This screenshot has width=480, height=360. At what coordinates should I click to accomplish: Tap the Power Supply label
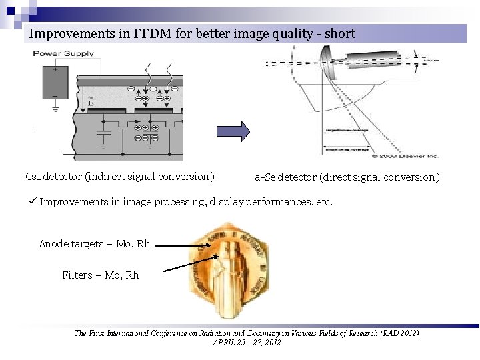(x=57, y=53)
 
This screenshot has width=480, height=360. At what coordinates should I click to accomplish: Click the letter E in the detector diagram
(x=91, y=103)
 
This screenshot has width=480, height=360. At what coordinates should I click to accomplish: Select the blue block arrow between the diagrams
(x=233, y=131)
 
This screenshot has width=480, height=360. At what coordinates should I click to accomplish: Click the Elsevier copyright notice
(x=393, y=156)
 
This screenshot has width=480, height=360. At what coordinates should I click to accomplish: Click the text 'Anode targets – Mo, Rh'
(x=94, y=244)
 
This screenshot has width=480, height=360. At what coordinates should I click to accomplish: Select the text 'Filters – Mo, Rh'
(x=100, y=275)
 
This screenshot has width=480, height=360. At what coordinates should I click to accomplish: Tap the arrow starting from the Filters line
(x=187, y=265)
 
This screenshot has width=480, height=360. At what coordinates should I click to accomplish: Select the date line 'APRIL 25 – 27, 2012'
(x=246, y=342)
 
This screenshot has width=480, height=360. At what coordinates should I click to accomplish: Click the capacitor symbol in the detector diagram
(x=103, y=137)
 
